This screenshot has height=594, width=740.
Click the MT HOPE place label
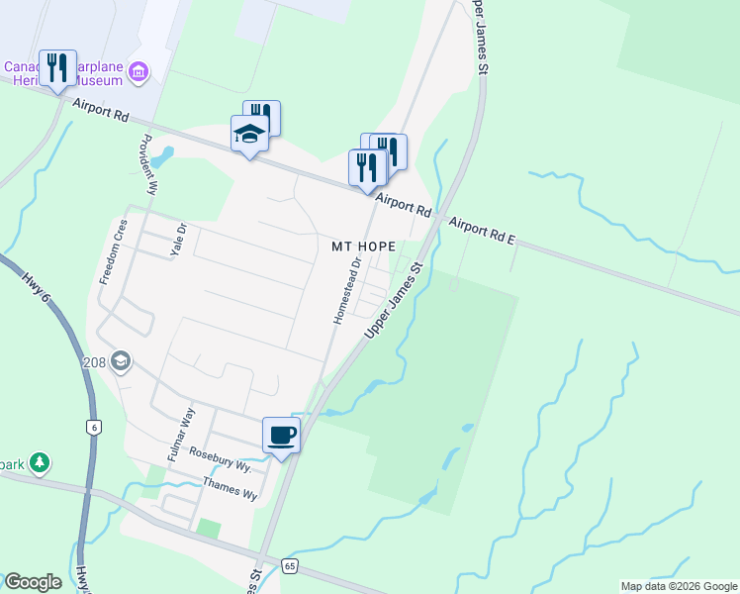[x=363, y=246]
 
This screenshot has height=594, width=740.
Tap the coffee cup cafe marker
[x=281, y=435]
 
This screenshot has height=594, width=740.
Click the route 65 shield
[x=289, y=566]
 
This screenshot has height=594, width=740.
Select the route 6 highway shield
[x=93, y=427]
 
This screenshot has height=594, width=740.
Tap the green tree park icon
[x=39, y=462]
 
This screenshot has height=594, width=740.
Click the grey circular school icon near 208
[x=121, y=360]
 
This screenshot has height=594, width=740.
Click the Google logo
[x=32, y=582]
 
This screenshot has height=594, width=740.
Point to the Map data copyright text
[x=679, y=586]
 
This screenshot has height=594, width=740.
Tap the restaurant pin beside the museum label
[x=57, y=68]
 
